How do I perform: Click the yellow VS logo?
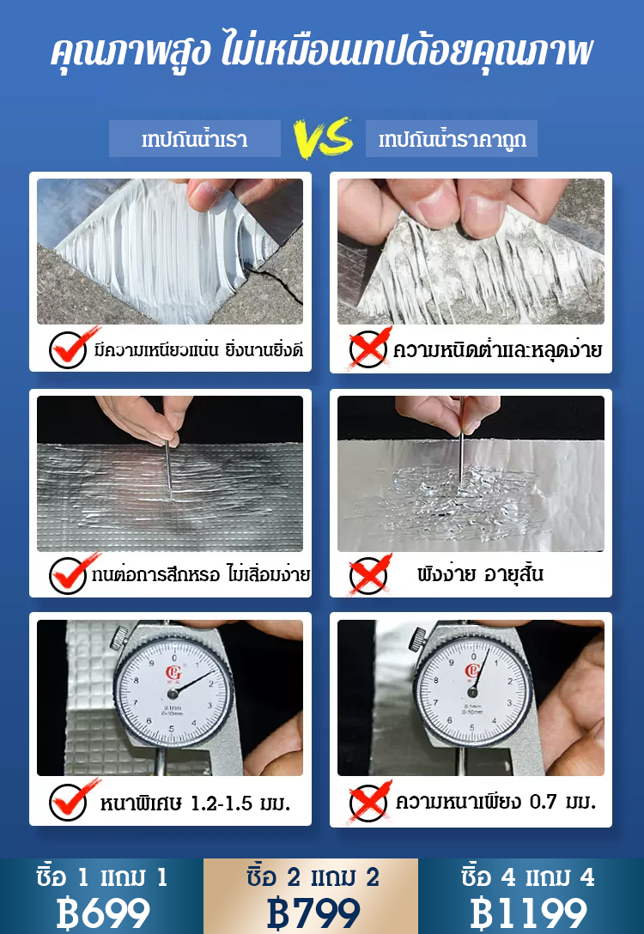pyautogui.click(x=324, y=138)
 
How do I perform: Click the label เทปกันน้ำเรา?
pyautogui.click(x=195, y=139)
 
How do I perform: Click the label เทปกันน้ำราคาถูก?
pyautogui.click(x=453, y=139)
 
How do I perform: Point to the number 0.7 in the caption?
pyautogui.click(x=544, y=803)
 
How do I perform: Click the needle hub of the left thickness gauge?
pyautogui.click(x=173, y=694)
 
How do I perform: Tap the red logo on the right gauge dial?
pyautogui.click(x=472, y=671)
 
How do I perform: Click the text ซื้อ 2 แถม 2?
pyautogui.click(x=313, y=877)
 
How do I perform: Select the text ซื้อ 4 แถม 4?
pyautogui.click(x=528, y=877)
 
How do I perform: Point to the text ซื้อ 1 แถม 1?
pyautogui.click(x=102, y=877)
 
